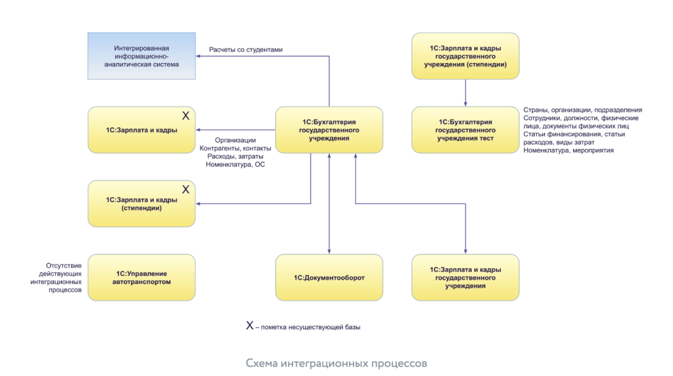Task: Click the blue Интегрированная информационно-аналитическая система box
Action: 142,56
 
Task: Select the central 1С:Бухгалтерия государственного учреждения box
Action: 329,130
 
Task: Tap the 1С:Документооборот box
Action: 329,278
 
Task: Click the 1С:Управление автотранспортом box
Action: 142,278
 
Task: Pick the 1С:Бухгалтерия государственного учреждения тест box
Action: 465,130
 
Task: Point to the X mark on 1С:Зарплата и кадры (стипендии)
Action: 185,189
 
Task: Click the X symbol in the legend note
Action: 250,325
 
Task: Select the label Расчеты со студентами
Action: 245,49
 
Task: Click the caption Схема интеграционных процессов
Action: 336,363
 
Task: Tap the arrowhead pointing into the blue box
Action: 200,56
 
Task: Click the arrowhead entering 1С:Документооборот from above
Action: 329,252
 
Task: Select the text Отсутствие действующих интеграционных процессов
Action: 60,278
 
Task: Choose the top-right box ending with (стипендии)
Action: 465,56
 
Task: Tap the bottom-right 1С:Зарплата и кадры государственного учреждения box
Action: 465,278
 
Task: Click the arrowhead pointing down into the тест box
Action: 465,104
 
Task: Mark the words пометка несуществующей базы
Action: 312,327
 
